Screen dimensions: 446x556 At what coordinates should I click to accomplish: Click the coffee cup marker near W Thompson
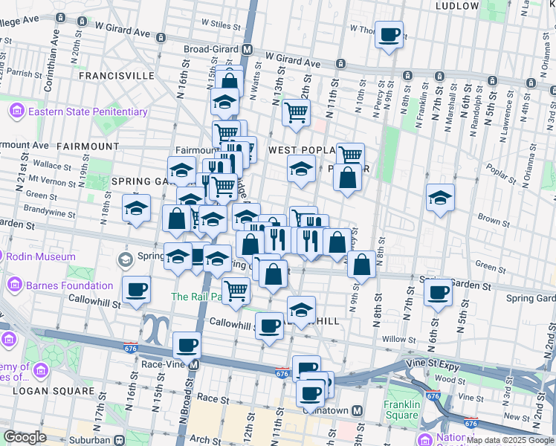[x=389, y=35]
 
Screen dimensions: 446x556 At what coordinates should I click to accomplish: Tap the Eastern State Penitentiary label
[x=88, y=112]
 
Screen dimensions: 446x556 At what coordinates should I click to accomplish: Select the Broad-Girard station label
[x=213, y=49]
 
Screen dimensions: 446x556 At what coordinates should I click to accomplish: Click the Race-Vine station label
[x=165, y=365]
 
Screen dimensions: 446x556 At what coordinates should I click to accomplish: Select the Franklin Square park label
[x=403, y=410]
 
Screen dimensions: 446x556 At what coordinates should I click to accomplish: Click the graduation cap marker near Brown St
[x=440, y=198]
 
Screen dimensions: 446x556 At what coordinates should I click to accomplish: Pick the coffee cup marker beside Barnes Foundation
[x=136, y=290]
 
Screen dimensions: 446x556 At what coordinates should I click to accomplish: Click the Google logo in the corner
[x=25, y=437]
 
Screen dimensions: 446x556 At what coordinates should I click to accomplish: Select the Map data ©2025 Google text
[x=510, y=440]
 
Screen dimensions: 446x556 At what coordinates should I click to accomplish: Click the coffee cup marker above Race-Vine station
[x=187, y=345]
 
